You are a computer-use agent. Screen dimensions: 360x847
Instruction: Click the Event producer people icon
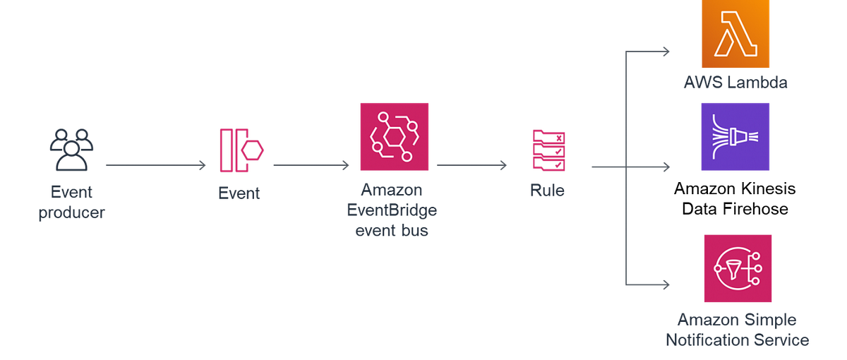click(68, 150)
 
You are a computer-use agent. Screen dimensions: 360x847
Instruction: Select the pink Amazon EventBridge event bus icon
click(394, 136)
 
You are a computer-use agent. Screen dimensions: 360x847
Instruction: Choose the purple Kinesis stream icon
click(735, 136)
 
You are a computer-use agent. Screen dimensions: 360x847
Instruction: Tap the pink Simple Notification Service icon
click(738, 268)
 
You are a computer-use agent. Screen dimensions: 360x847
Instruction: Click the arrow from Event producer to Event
click(155, 165)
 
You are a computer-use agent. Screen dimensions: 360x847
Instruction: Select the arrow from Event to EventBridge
click(309, 165)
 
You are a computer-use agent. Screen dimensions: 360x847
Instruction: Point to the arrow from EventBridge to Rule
click(471, 165)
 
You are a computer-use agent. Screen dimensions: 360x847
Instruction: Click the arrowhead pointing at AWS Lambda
click(666, 50)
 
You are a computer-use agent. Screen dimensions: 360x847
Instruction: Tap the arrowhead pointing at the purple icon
click(666, 167)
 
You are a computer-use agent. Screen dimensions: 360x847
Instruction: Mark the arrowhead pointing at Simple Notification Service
click(666, 284)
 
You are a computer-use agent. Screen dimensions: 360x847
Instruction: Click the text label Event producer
click(71, 202)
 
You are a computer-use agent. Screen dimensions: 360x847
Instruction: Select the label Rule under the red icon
click(546, 191)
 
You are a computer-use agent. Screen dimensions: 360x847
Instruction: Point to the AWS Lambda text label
click(735, 81)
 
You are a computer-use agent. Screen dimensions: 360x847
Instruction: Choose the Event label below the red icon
click(239, 193)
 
